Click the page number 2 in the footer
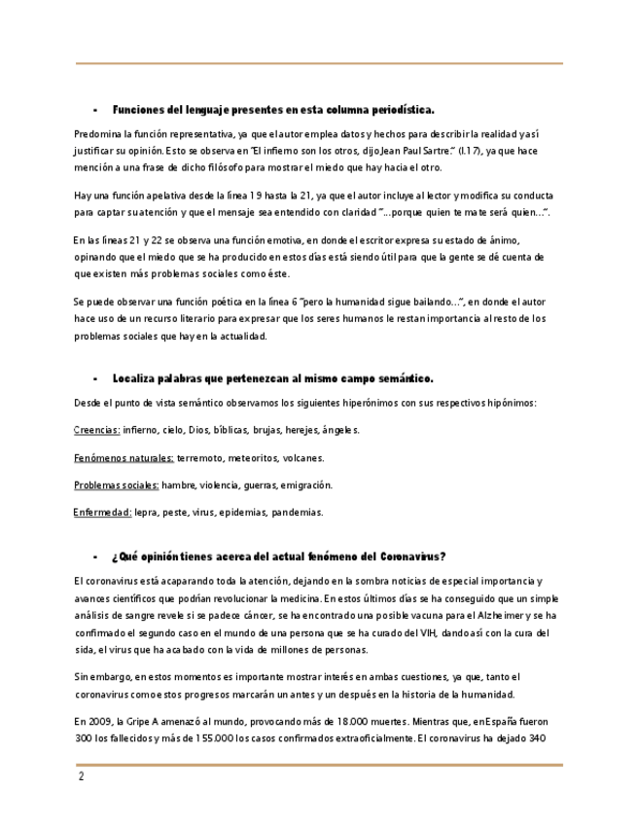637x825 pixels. (x=82, y=777)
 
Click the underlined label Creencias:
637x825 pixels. (x=97, y=430)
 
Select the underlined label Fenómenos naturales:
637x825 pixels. (x=124, y=457)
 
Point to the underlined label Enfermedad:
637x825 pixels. (x=103, y=512)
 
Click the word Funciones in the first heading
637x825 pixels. (x=140, y=109)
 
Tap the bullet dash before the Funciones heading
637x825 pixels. (x=95, y=109)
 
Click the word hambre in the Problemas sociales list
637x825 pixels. (x=179, y=484)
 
